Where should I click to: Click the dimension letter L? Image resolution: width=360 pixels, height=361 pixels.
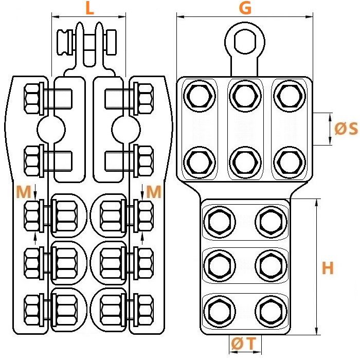coord(89,9)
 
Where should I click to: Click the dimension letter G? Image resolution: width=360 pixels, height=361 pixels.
coord(245,8)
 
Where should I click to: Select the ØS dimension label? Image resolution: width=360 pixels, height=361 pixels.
coord(346,129)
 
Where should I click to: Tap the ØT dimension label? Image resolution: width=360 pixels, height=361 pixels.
coord(244,344)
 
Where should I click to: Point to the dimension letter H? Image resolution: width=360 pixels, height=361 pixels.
coord(328,267)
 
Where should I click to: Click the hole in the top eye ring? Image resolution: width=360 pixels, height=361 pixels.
coord(245,42)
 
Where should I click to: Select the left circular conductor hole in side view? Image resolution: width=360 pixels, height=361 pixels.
coord(51,130)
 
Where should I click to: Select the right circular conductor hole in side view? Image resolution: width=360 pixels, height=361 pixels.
coord(126,130)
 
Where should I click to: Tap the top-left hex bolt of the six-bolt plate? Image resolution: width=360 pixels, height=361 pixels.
coord(200,96)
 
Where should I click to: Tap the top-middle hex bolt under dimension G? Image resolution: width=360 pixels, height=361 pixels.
coord(245,96)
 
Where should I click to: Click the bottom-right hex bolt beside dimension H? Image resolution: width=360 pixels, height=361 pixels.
coord(271,312)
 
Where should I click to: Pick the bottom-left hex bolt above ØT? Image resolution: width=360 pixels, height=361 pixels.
coord(220,312)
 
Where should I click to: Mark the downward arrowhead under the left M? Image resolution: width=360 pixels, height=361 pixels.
coord(35,196)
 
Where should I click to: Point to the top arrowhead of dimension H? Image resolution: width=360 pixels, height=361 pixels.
coord(317,202)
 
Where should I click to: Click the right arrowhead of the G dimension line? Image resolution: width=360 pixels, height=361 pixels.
coord(309,16)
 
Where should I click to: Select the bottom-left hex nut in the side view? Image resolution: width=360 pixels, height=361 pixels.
coord(32,310)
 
